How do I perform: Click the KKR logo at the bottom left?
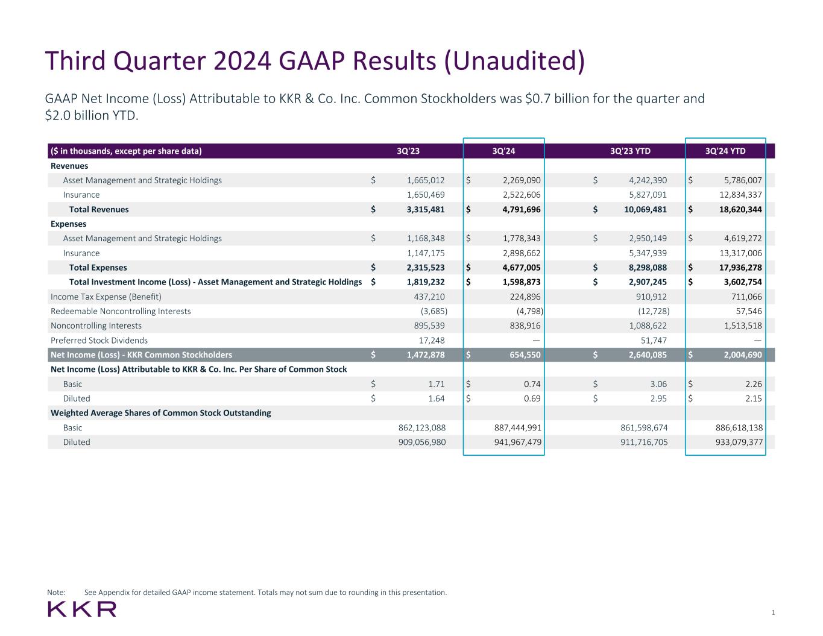click(x=82, y=609)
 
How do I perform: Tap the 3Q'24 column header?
click(x=503, y=151)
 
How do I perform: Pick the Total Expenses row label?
click(x=98, y=268)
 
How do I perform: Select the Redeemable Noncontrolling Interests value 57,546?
click(x=746, y=311)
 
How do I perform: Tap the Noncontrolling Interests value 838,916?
click(x=522, y=326)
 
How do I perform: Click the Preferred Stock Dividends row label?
click(x=99, y=340)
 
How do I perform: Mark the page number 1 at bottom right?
click(x=773, y=612)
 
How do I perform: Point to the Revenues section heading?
click(x=69, y=166)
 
